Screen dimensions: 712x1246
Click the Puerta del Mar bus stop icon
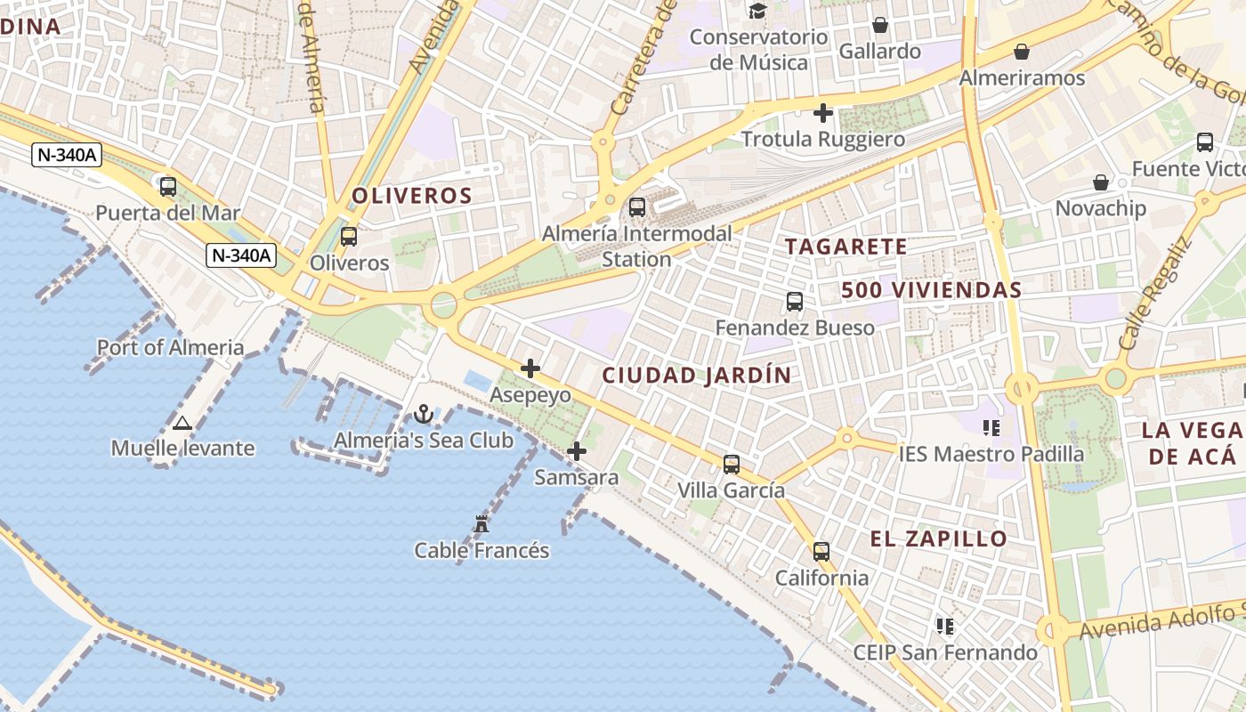coord(168,187)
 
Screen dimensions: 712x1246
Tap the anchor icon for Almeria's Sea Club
coord(424,414)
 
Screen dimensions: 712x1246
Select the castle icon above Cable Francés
coord(481,524)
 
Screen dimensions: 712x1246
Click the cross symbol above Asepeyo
coord(530,368)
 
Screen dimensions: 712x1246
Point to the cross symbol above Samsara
coord(577,451)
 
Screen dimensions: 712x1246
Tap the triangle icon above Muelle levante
coord(182,423)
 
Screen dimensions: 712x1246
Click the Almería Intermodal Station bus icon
coord(637,207)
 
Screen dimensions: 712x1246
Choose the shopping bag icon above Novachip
coord(1101,182)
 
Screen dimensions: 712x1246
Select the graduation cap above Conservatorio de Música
coord(757,11)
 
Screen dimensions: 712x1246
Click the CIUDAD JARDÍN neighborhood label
coord(697,376)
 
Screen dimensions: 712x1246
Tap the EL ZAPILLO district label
coord(939,538)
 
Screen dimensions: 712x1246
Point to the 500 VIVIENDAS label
coord(932,290)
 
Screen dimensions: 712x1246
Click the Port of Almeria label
coord(170,347)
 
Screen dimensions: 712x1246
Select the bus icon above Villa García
coord(732,464)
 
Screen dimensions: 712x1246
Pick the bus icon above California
coord(821,552)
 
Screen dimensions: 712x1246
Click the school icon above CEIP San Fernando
coord(945,627)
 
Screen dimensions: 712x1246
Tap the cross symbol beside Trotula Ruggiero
coord(823,113)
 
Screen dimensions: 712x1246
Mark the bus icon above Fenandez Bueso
coord(795,302)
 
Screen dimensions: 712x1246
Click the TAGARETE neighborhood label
coord(846,247)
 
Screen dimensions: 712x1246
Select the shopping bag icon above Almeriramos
coord(1022,52)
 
